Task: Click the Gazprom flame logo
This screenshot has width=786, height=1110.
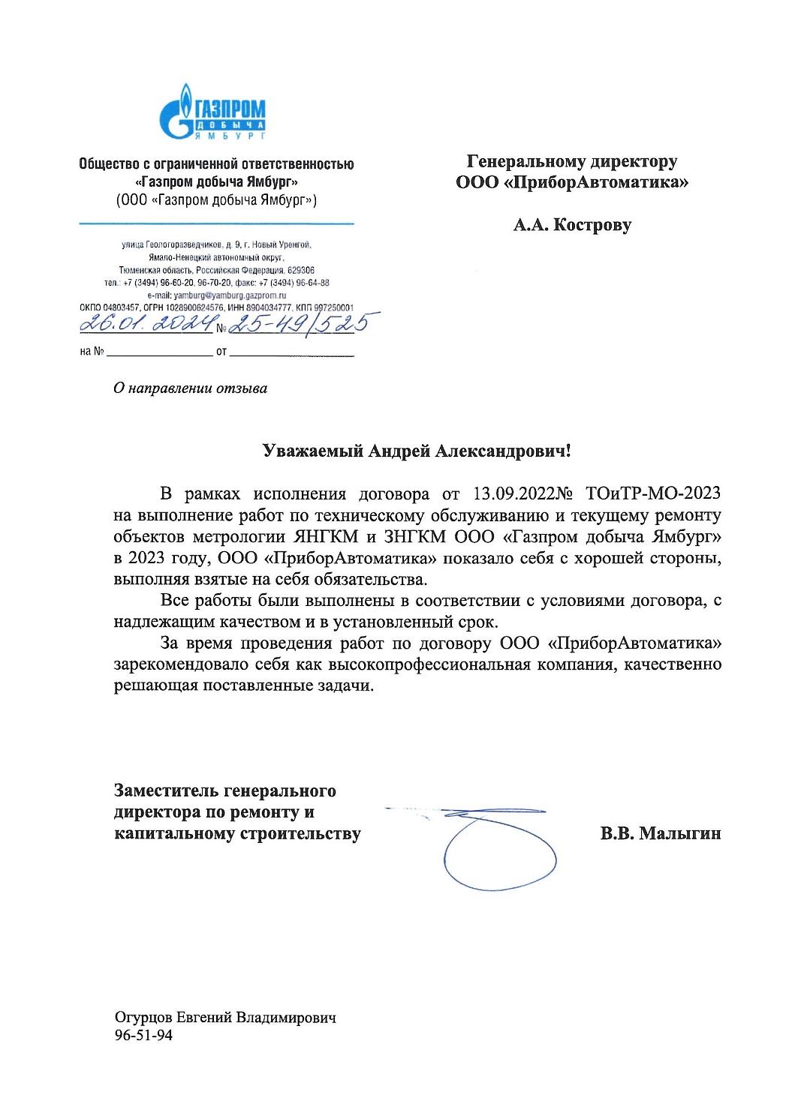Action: [x=178, y=112]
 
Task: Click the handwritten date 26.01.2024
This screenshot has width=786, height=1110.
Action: [x=146, y=322]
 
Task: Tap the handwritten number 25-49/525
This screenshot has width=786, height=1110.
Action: [x=299, y=322]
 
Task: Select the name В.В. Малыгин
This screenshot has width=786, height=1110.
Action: [x=660, y=833]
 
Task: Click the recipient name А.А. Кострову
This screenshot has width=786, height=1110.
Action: [x=572, y=225]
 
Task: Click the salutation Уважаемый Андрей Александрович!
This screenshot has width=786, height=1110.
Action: [x=417, y=451]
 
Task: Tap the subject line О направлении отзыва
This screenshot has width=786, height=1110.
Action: [x=190, y=388]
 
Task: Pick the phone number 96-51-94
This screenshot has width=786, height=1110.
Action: [x=143, y=1035]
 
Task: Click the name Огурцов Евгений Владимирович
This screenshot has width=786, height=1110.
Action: [x=225, y=1018]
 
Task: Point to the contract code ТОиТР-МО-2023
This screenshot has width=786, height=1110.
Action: [x=652, y=493]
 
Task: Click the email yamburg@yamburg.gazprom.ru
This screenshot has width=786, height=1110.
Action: [x=230, y=295]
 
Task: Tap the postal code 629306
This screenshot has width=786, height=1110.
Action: [x=300, y=270]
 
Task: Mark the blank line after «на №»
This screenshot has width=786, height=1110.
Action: [x=159, y=351]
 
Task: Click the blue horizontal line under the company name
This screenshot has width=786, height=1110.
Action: [x=216, y=223]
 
